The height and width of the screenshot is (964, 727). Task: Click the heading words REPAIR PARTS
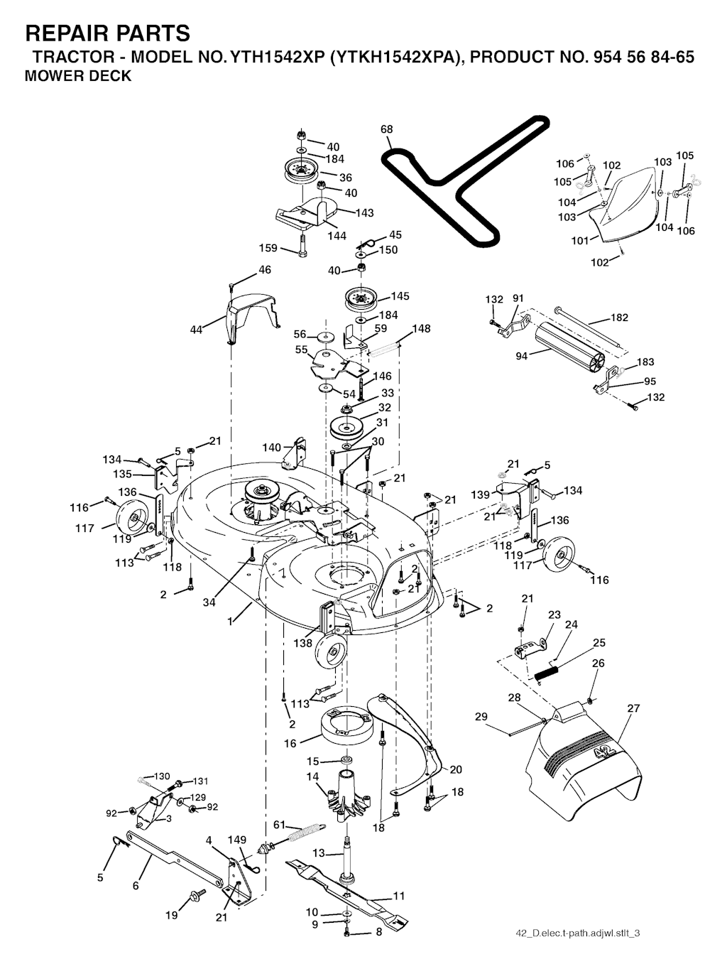(x=107, y=33)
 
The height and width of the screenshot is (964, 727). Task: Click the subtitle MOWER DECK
(x=78, y=77)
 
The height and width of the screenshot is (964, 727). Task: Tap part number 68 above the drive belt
(x=386, y=129)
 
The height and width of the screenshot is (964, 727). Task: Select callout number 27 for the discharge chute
(x=634, y=708)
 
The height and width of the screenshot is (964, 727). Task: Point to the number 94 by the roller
(x=522, y=356)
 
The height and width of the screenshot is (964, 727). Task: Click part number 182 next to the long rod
(x=619, y=318)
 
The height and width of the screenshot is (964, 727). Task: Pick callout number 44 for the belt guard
(x=197, y=329)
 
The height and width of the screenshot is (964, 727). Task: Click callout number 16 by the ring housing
(x=290, y=743)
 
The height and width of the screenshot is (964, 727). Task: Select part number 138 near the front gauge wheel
(x=303, y=643)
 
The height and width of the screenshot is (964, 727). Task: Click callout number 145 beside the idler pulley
(x=400, y=296)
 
